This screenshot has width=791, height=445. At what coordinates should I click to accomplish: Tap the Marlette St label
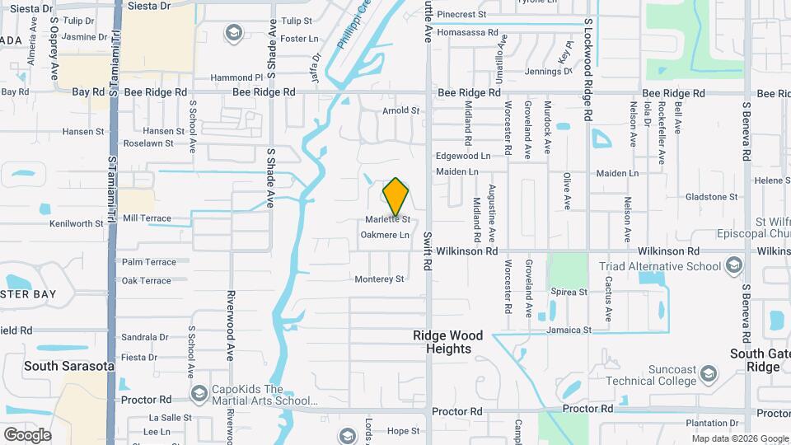[388, 219]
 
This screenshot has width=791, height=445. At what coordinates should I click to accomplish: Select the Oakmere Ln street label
[385, 235]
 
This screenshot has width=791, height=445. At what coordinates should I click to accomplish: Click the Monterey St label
[379, 279]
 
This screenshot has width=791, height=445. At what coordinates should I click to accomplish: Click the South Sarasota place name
[68, 366]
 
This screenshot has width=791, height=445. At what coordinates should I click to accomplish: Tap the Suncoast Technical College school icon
[709, 376]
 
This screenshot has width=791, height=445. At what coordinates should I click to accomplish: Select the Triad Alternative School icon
[733, 266]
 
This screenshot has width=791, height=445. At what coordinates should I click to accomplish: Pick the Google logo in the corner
[27, 434]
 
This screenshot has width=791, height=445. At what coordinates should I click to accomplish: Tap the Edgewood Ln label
[463, 156]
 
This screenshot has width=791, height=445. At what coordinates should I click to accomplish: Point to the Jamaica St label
[569, 330]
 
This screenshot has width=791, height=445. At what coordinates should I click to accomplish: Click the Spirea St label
[569, 292]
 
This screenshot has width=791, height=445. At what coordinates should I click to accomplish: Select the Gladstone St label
[712, 197]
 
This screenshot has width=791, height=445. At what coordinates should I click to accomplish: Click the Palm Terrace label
[148, 262]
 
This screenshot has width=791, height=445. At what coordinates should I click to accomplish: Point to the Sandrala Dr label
[144, 337]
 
